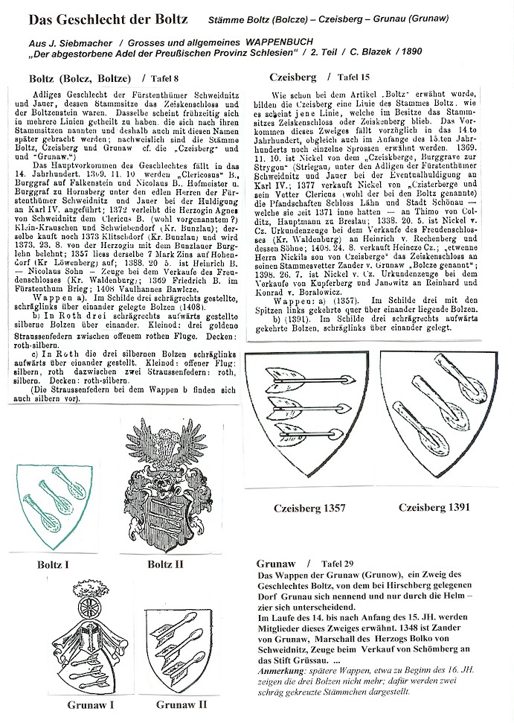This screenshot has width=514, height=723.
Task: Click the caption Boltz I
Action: (x=51, y=564)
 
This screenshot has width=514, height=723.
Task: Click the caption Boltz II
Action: (x=164, y=564)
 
